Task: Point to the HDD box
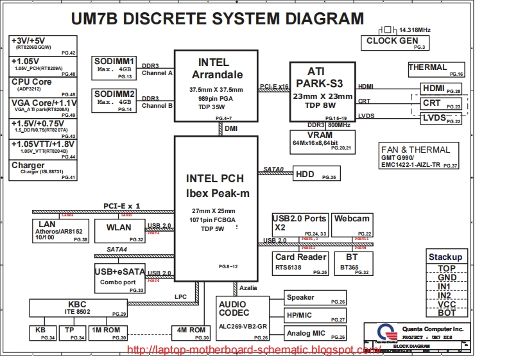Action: [316, 174]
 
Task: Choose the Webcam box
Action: [352, 224]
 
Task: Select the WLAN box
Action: [120, 230]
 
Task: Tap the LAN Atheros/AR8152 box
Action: [60, 230]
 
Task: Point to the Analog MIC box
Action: [315, 333]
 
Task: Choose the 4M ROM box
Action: [191, 332]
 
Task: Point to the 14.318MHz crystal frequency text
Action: [415, 30]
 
